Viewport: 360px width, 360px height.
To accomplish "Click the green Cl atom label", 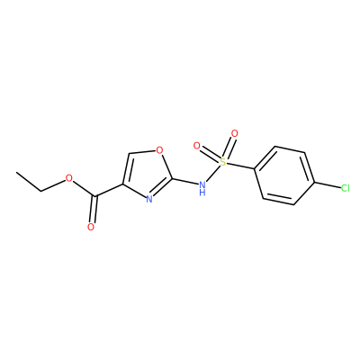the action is (x=346, y=188).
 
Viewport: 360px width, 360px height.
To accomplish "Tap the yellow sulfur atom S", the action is (x=222, y=162).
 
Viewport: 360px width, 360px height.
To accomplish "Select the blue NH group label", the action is (x=202, y=188).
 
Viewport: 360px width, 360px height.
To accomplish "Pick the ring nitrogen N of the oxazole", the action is (x=149, y=199).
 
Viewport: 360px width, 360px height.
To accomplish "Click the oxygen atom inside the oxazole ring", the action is (x=160, y=149).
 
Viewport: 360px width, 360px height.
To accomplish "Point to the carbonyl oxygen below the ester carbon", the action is (x=91, y=227).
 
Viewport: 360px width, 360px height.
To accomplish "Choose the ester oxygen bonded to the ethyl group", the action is (x=69, y=179).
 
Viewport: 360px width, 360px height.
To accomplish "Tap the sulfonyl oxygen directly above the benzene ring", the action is (x=235, y=133).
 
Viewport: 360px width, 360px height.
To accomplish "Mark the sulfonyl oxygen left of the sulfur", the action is (x=197, y=146).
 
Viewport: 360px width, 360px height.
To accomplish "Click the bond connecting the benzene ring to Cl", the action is (x=327, y=185).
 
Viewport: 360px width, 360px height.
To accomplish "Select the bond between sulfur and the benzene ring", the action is (x=240, y=166).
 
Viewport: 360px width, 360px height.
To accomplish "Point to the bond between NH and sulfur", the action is (x=213, y=174).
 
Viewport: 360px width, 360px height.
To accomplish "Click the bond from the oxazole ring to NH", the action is (x=185, y=182).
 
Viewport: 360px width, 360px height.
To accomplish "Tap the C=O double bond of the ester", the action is (x=94, y=210).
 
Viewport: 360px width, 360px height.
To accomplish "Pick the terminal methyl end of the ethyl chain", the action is (x=17, y=172).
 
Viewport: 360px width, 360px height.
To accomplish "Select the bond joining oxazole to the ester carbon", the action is (x=109, y=191).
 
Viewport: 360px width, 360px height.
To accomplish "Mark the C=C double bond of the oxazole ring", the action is (x=126, y=168).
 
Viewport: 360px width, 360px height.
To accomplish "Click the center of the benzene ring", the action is (x=284, y=175).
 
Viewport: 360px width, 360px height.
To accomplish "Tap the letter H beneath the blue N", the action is (x=202, y=193).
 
